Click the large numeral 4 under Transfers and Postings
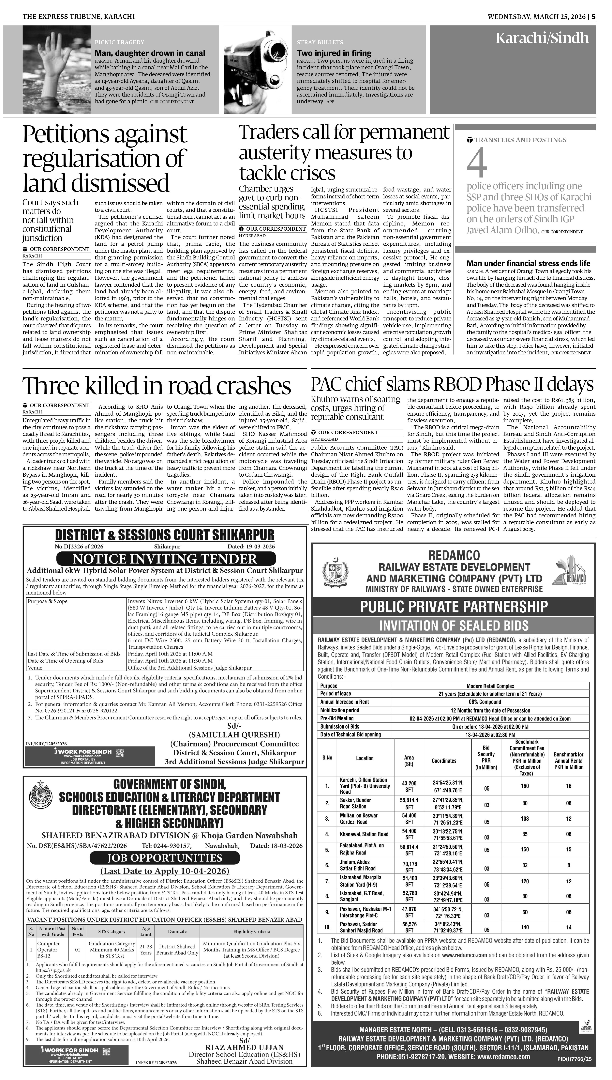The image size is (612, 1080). coord(477,163)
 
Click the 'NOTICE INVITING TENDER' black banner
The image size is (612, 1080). coord(166,559)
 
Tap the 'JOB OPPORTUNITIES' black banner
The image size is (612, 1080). coord(164,858)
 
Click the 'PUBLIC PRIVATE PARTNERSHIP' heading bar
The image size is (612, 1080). coord(453,607)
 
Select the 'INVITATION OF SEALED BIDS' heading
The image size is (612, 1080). coord(453,625)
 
